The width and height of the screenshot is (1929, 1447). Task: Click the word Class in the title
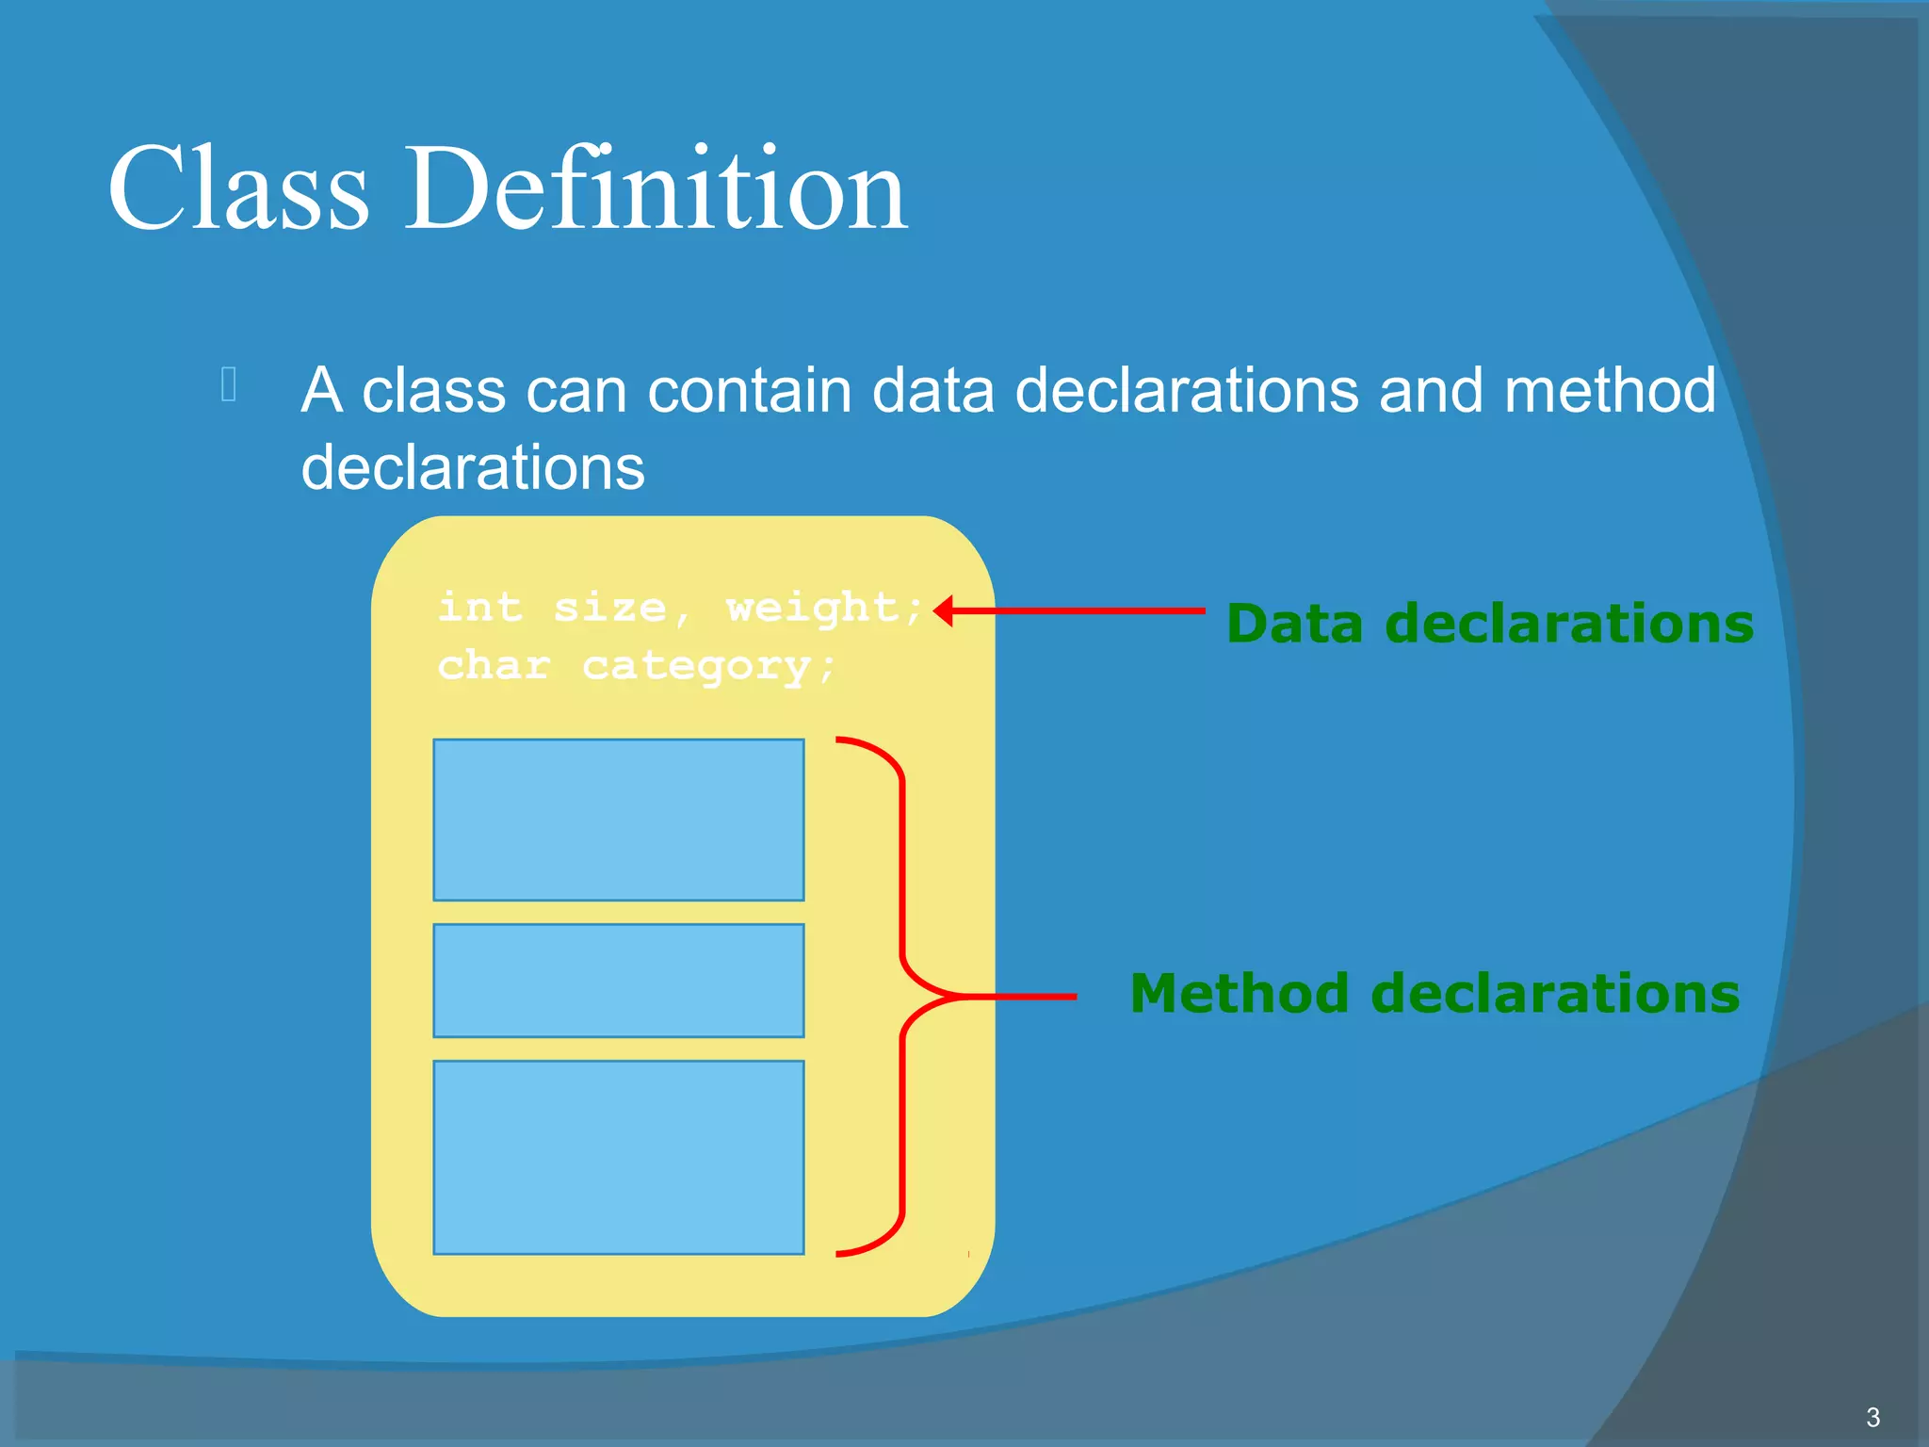tap(237, 188)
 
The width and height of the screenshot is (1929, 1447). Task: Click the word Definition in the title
tap(657, 188)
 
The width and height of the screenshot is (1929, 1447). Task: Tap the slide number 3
tap(1872, 1417)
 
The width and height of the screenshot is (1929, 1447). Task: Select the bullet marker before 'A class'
tap(229, 384)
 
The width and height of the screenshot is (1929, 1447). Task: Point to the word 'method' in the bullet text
tap(1610, 390)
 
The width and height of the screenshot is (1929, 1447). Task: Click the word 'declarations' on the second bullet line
tap(473, 467)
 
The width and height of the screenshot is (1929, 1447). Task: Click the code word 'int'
tap(479, 607)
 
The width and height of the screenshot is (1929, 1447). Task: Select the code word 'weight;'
tap(825, 609)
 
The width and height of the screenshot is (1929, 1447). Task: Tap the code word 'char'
tap(494, 666)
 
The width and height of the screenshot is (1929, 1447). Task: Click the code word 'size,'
tap(622, 609)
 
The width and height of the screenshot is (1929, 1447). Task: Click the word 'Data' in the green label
tap(1295, 624)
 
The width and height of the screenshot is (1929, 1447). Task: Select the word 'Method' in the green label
tap(1239, 994)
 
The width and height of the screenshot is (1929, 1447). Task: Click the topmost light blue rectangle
tap(618, 820)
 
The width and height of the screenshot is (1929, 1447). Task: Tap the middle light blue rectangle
tap(618, 980)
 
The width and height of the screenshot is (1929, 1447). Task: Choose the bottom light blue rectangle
tap(618, 1157)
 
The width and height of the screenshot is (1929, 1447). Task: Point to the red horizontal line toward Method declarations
tap(1027, 996)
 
